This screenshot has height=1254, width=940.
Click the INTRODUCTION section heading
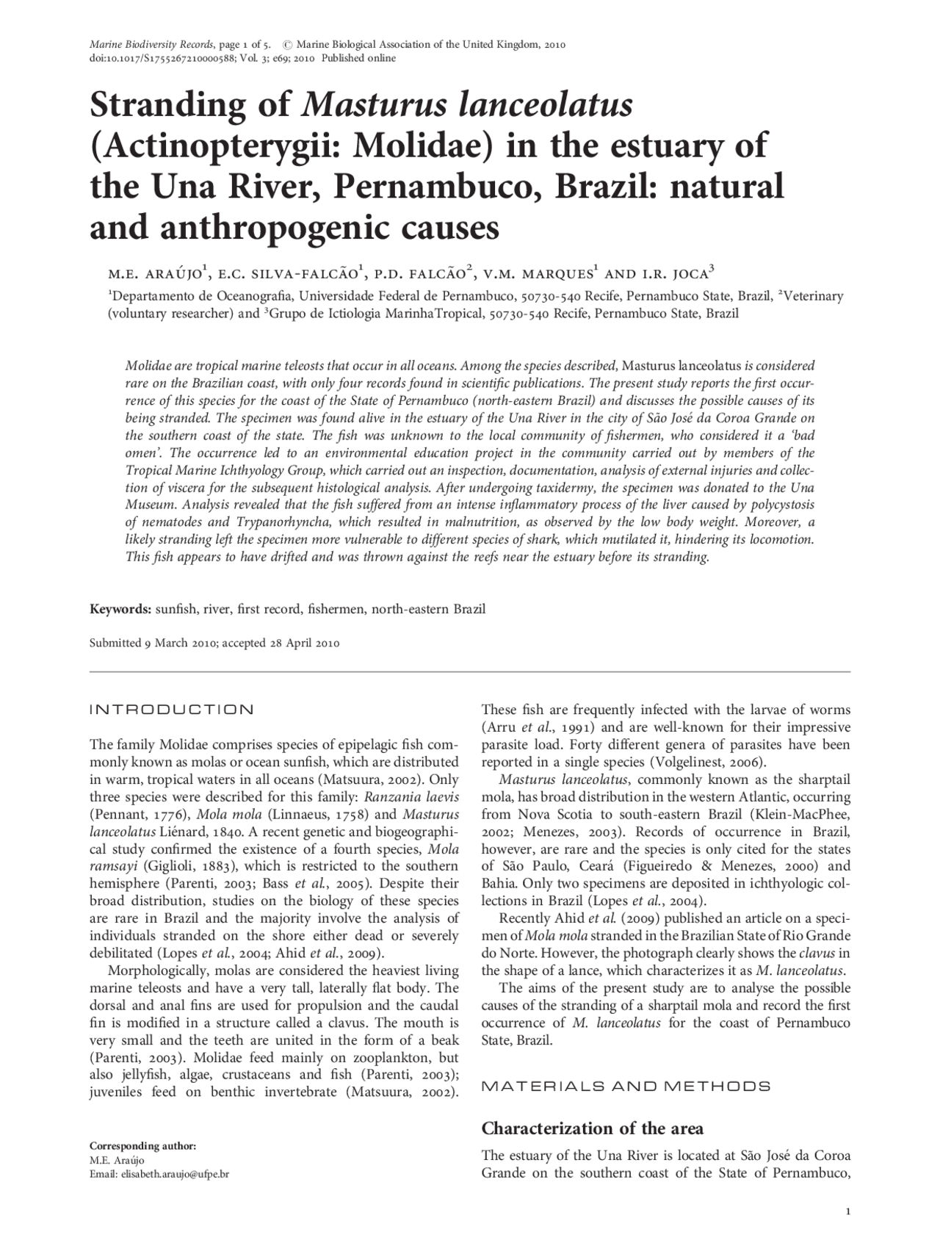(x=171, y=710)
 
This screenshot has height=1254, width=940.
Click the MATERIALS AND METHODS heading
(x=626, y=1086)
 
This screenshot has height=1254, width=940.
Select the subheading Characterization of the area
(x=592, y=1128)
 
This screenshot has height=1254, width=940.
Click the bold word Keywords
(x=120, y=610)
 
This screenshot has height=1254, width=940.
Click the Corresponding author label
(x=142, y=1146)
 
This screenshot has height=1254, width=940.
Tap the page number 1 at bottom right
(x=847, y=1212)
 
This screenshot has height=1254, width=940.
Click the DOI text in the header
(x=159, y=59)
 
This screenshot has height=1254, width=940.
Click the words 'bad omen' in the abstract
(x=797, y=436)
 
